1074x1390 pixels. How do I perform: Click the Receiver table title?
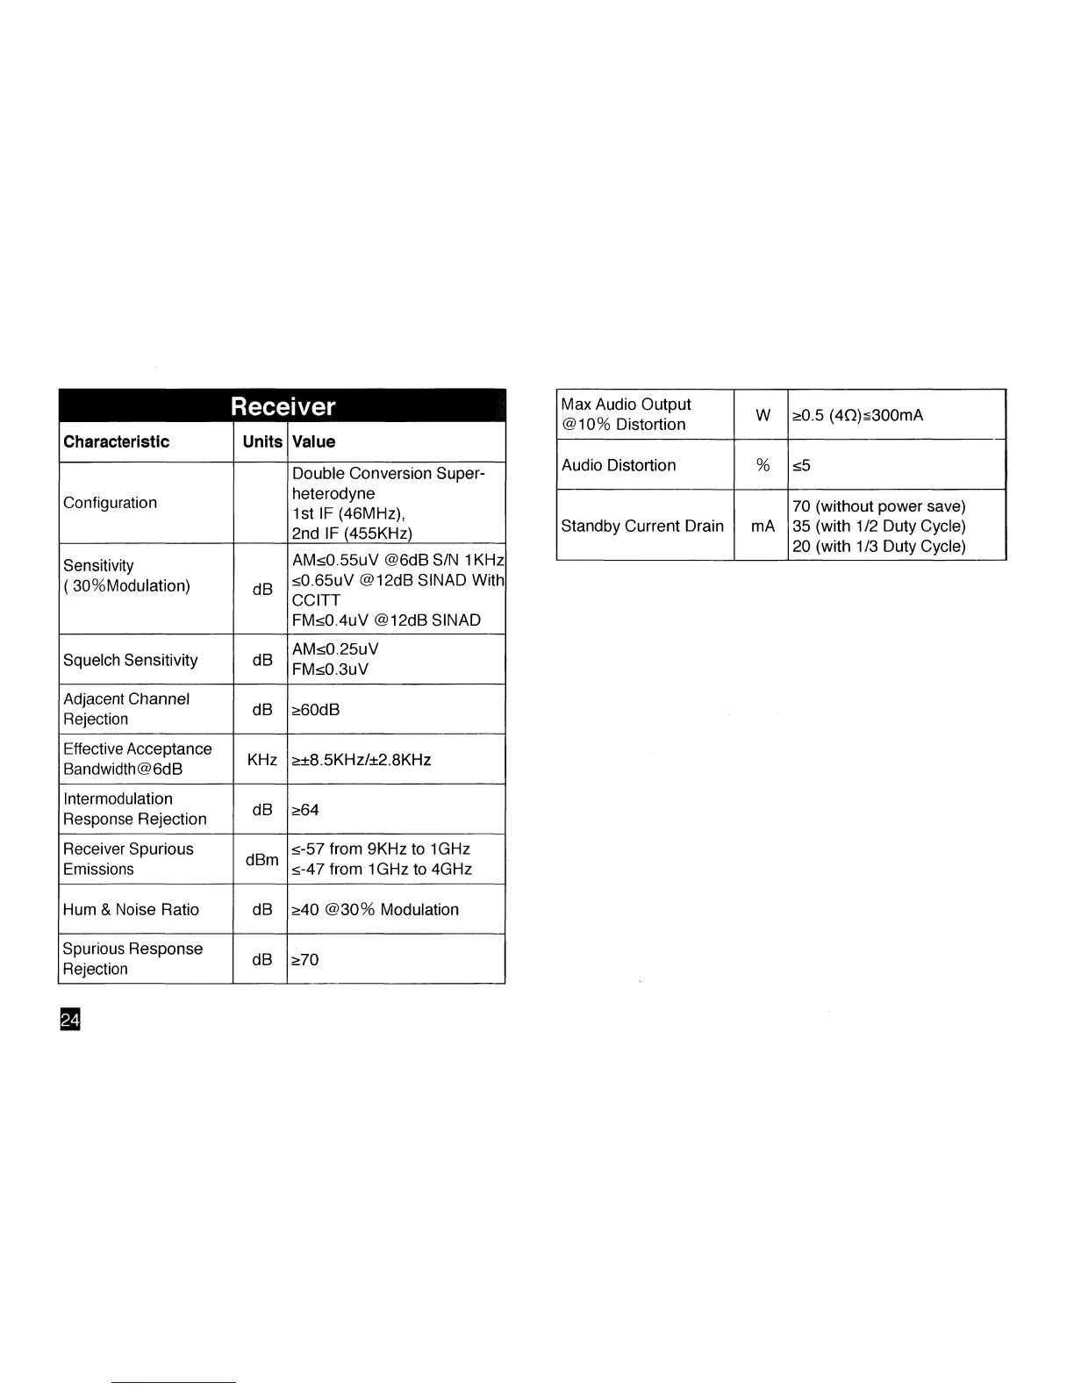click(283, 406)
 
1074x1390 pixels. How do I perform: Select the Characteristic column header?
click(116, 441)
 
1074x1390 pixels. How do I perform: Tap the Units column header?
click(262, 441)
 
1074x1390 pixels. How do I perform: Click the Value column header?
click(313, 441)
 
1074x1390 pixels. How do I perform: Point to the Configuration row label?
click(110, 503)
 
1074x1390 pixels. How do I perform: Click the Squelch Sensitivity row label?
click(130, 660)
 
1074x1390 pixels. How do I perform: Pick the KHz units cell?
click(261, 759)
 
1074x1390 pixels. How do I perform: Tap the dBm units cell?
click(261, 859)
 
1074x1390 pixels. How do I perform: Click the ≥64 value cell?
click(304, 809)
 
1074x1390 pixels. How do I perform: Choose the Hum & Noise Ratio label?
click(131, 909)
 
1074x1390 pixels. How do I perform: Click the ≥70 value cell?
click(304, 959)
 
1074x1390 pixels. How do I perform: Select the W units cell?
click(763, 414)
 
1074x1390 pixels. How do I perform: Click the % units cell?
click(763, 465)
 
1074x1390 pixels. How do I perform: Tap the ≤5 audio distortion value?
click(801, 465)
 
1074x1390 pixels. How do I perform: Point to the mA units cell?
click(763, 526)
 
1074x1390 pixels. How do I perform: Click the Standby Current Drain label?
click(642, 526)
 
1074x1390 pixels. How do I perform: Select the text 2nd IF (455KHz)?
click(352, 534)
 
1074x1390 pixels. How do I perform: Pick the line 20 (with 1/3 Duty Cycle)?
click(878, 546)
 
